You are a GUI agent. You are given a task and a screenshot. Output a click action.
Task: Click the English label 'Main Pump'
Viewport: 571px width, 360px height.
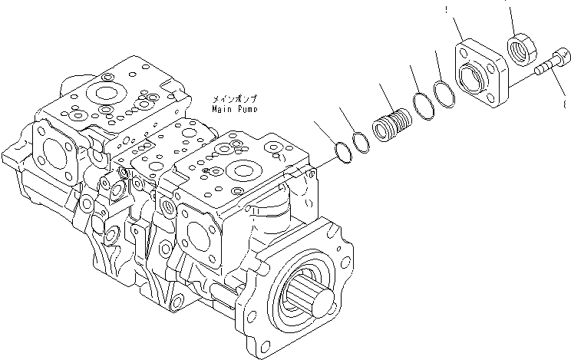point(236,110)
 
